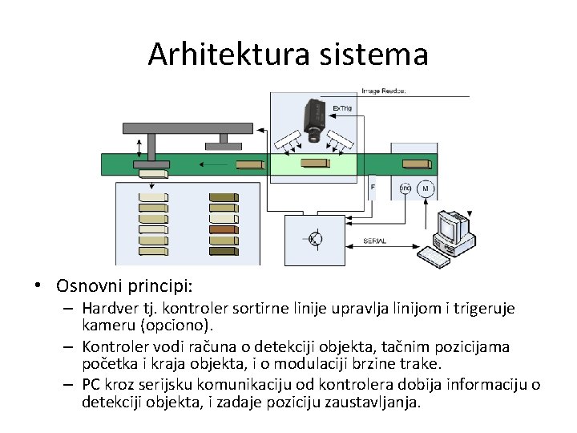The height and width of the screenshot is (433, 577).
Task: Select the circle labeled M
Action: click(426, 189)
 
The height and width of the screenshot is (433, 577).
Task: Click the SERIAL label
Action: click(375, 241)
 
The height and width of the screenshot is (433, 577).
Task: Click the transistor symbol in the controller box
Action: click(315, 238)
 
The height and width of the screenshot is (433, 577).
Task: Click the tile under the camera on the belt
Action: click(313, 164)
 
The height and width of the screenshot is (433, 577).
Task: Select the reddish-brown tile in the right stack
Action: click(223, 229)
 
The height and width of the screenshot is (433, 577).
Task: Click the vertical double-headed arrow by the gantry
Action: click(141, 148)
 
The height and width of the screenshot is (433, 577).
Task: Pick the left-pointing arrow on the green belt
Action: click(213, 164)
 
